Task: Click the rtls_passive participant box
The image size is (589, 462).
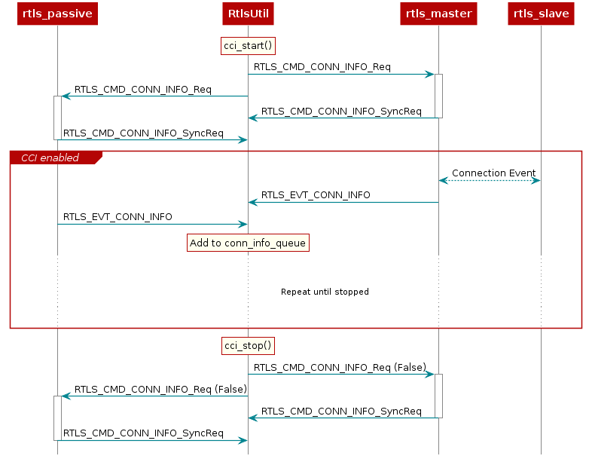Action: (x=57, y=14)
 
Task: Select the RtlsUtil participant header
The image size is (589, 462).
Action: (x=248, y=14)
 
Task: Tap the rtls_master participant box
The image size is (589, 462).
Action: (x=438, y=14)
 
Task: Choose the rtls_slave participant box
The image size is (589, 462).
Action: (x=541, y=14)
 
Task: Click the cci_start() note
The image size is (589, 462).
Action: (x=248, y=47)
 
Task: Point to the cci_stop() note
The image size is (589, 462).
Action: (x=248, y=346)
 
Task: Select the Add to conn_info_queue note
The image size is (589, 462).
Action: (x=248, y=243)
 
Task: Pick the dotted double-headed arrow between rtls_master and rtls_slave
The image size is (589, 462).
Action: (x=490, y=180)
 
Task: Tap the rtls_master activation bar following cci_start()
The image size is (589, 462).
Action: (x=438, y=96)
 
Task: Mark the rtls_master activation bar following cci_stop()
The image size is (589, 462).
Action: (x=438, y=396)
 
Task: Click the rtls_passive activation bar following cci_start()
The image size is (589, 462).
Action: (x=57, y=118)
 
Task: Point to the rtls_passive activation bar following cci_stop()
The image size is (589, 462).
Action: (x=57, y=418)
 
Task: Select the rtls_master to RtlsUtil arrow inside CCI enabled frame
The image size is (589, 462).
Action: (x=343, y=202)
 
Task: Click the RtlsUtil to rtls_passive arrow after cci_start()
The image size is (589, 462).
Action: (x=154, y=96)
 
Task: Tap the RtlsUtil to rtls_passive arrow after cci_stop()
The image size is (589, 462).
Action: (x=154, y=396)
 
